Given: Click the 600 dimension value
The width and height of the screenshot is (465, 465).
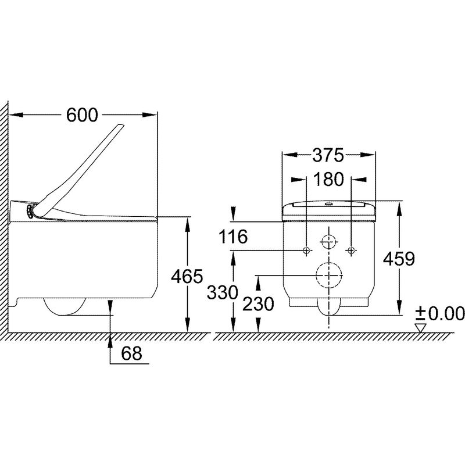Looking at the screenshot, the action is (x=82, y=115).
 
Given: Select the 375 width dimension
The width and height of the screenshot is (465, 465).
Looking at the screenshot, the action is (x=328, y=155).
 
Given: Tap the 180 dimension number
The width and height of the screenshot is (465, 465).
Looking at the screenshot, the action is (x=328, y=180).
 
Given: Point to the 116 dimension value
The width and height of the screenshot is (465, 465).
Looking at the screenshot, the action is (x=233, y=237).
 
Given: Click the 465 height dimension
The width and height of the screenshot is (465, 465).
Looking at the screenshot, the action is (x=187, y=277).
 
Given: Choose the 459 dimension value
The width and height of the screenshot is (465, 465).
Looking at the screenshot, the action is (x=399, y=259).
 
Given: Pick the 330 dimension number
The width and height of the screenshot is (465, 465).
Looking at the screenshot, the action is (x=223, y=292).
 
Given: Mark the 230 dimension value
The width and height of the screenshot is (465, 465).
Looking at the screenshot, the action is (x=258, y=304).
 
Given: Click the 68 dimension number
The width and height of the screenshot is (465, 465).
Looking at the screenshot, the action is (x=132, y=353).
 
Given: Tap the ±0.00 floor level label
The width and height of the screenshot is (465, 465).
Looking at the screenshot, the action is (x=439, y=314).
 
